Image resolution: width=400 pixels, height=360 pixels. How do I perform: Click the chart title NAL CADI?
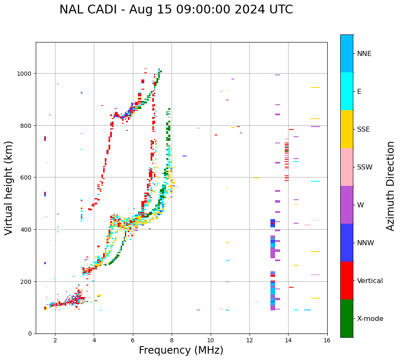click(176, 10)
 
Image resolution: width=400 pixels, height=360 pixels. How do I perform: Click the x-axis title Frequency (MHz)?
click(181, 350)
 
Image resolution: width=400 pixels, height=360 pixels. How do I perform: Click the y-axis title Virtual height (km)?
click(9, 188)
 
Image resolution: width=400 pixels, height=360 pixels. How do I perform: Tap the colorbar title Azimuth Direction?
click(391, 186)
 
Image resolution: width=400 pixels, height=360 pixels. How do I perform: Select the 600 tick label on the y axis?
click(26, 177)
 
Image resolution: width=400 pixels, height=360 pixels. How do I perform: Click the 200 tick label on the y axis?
click(26, 281)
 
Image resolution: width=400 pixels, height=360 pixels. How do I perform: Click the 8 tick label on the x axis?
click(172, 341)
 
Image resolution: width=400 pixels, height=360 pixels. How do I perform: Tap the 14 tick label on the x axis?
click(288, 341)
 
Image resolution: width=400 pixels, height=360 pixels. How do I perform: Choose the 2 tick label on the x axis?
click(55, 341)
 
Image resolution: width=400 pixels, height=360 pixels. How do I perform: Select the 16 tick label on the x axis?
click(327, 341)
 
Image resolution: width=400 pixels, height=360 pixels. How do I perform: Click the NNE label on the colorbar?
click(364, 54)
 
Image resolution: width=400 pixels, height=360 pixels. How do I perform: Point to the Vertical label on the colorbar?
click(370, 281)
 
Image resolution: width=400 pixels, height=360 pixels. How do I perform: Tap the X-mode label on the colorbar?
click(370, 319)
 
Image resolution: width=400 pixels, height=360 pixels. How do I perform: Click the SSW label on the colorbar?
click(365, 167)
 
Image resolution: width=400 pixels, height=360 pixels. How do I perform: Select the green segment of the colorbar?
click(347, 318)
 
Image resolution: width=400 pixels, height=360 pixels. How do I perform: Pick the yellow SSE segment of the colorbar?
click(347, 129)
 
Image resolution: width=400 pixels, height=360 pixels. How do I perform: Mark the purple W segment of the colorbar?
click(347, 205)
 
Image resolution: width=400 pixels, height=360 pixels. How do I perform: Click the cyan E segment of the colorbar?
click(347, 91)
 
